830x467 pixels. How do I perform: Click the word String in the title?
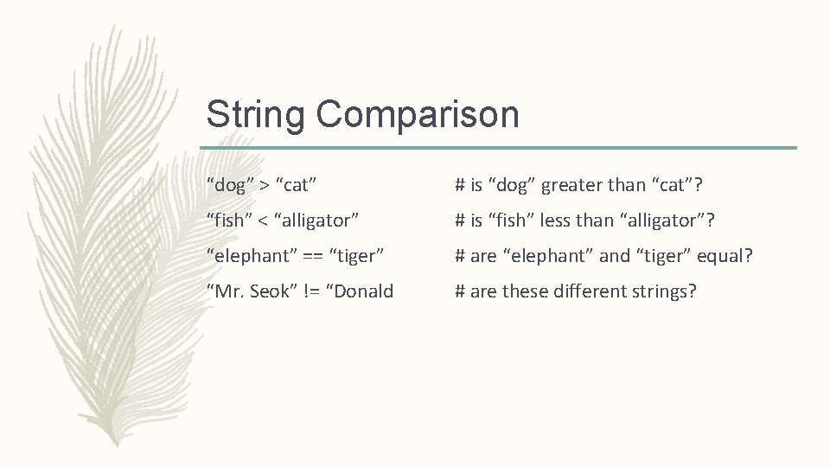tap(256, 114)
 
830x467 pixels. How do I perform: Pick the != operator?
tap(309, 291)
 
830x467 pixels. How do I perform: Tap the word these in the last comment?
tap(525, 291)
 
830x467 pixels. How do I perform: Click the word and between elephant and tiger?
tap(615, 256)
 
